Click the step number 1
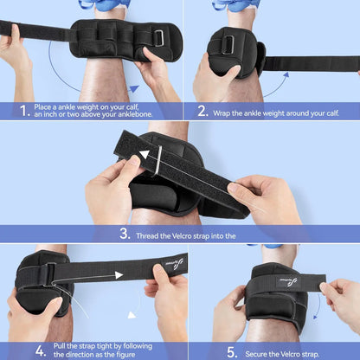click(x=22, y=111)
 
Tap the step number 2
click(x=202, y=111)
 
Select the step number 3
click(x=125, y=233)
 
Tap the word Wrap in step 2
click(x=227, y=111)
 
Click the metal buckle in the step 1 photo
click(x=158, y=37)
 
